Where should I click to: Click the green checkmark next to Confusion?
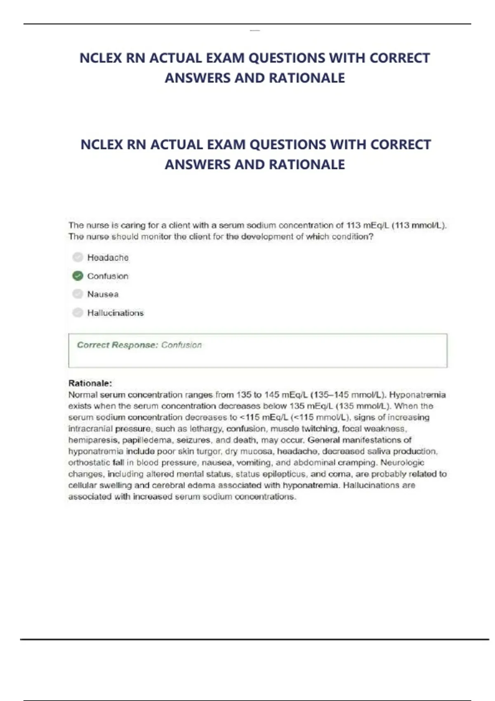pyautogui.click(x=78, y=276)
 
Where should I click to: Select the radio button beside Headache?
pyautogui.click(x=78, y=257)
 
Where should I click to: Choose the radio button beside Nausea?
pyautogui.click(x=78, y=294)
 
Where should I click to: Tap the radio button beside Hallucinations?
pyautogui.click(x=78, y=313)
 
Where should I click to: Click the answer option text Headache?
pyautogui.click(x=108, y=258)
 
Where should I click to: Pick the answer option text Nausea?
pyautogui.click(x=103, y=294)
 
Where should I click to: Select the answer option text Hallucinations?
pyautogui.click(x=115, y=313)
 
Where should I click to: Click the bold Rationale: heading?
pyautogui.click(x=90, y=383)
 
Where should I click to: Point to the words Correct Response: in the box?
pyautogui.click(x=118, y=345)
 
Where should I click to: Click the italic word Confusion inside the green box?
pyautogui.click(x=181, y=345)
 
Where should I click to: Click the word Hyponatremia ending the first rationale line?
pyautogui.click(x=417, y=395)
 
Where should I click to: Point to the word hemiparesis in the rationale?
pyautogui.click(x=93, y=440)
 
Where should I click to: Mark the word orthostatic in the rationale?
pyautogui.click(x=89, y=463)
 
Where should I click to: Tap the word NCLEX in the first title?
pyautogui.click(x=100, y=58)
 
